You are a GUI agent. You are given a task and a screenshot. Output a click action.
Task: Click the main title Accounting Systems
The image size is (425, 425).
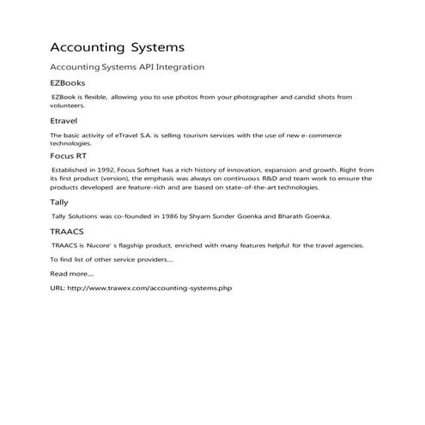click(x=117, y=46)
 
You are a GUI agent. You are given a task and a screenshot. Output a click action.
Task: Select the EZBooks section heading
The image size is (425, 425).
click(x=69, y=83)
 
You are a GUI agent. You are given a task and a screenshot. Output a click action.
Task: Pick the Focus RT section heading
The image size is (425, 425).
click(x=70, y=156)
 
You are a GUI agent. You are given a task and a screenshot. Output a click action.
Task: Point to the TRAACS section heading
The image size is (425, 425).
click(x=68, y=232)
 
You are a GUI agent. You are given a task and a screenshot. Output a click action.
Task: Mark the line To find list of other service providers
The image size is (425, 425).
click(x=112, y=259)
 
